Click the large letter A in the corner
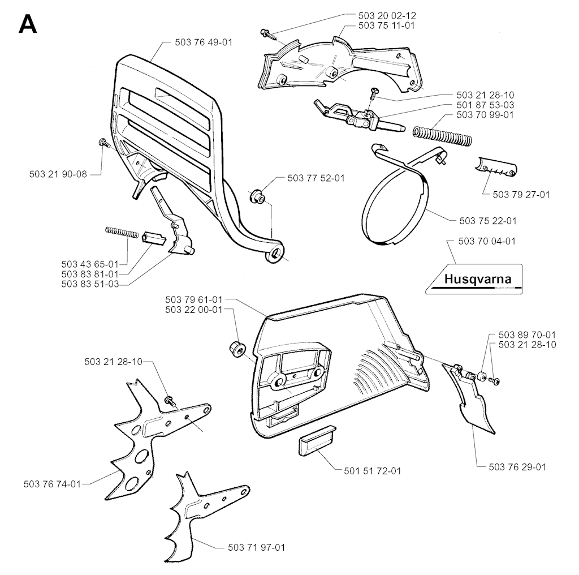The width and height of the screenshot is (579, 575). click(x=28, y=24)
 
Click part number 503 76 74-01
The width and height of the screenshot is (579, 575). click(x=52, y=484)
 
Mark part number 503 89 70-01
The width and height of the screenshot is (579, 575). click(x=527, y=334)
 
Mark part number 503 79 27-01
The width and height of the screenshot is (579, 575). click(x=521, y=194)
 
